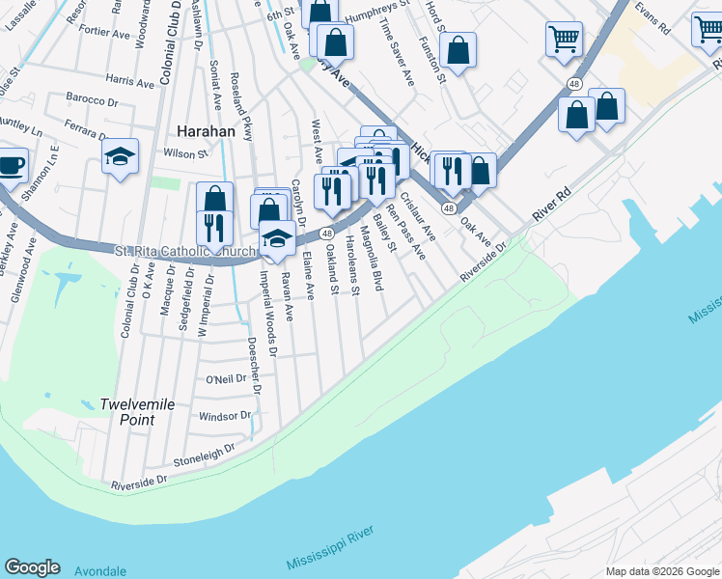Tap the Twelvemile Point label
tap(137, 412)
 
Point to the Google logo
tap(32, 567)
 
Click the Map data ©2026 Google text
tap(662, 571)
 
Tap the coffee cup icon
tap(12, 165)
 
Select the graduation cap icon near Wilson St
tap(120, 156)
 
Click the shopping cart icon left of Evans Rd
tap(564, 40)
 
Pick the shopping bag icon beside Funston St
tap(459, 50)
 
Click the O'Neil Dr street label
tap(229, 379)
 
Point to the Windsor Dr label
tap(224, 417)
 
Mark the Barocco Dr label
tap(92, 99)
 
